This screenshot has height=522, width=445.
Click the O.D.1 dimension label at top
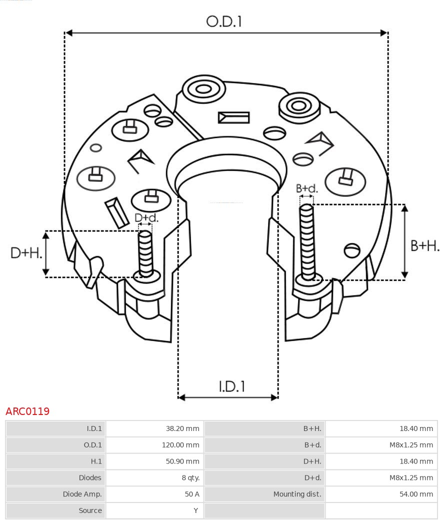click(224, 21)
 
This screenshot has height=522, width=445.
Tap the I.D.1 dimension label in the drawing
click(231, 386)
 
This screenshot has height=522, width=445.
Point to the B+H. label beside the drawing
click(424, 245)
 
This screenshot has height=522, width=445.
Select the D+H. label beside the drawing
click(26, 253)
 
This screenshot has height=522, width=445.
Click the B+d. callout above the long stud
click(306, 188)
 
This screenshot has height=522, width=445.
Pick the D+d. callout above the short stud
click(146, 218)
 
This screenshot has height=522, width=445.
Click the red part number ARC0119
click(27, 411)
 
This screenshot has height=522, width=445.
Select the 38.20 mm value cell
click(182, 428)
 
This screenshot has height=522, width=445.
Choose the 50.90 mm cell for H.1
click(182, 461)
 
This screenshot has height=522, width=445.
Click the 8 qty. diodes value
click(190, 477)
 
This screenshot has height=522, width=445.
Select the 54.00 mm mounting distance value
click(416, 494)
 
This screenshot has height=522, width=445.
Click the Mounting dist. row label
click(297, 494)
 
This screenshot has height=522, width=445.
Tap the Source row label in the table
click(90, 510)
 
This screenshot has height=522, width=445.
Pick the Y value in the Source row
click(196, 510)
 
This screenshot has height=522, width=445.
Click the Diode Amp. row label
click(82, 494)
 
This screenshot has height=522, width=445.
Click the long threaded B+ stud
click(307, 240)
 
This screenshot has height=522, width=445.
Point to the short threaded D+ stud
click(145, 252)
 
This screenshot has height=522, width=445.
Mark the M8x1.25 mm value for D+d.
click(411, 477)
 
